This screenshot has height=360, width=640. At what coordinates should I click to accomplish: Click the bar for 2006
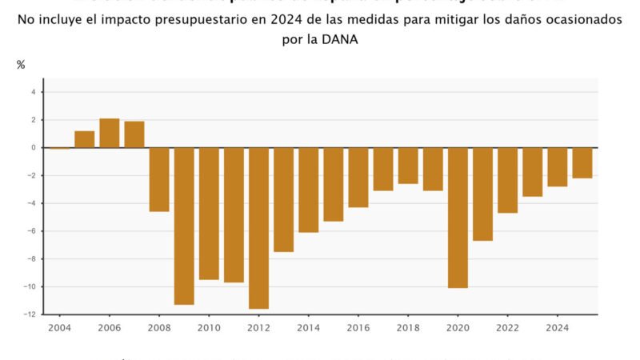110,133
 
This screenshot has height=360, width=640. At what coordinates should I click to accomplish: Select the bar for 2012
258,228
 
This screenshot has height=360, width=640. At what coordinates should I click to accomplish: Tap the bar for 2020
458,218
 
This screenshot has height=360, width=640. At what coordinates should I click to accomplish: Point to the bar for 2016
358,178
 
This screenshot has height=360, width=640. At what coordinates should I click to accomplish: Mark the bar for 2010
209,214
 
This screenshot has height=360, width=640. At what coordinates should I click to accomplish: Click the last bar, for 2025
582,163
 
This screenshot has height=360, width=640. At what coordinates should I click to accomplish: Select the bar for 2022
508,180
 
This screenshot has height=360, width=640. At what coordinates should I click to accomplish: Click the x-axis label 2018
408,328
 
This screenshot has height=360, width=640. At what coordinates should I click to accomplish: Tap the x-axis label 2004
59,328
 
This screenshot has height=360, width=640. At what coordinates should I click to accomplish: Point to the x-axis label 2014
309,328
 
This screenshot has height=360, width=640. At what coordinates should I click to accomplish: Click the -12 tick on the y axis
30,314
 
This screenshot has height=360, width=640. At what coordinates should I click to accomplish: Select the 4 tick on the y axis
33,92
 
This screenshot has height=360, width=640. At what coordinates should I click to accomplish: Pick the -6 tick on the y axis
31,231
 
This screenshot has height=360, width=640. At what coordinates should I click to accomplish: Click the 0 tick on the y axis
33,148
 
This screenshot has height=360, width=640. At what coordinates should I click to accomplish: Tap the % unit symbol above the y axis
21,65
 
